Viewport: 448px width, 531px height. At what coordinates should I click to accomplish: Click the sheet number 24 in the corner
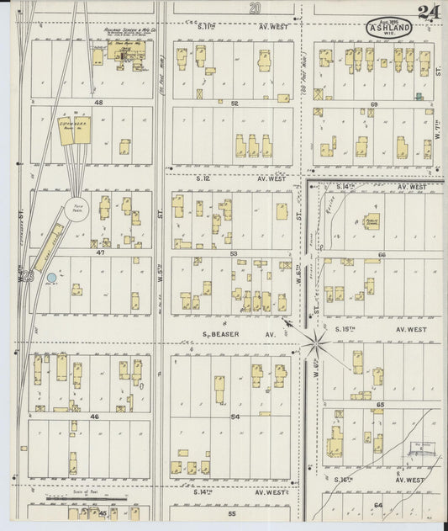click(x=427, y=12)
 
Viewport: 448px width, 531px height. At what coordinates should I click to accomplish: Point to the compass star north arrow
click(x=317, y=342)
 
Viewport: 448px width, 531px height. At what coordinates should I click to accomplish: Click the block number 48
click(x=98, y=103)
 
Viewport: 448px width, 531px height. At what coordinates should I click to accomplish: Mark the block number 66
click(x=381, y=253)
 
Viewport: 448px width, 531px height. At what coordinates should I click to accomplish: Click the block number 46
click(x=94, y=416)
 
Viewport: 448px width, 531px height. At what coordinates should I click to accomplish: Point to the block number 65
click(x=380, y=404)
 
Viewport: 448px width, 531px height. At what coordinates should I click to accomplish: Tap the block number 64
click(x=378, y=504)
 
